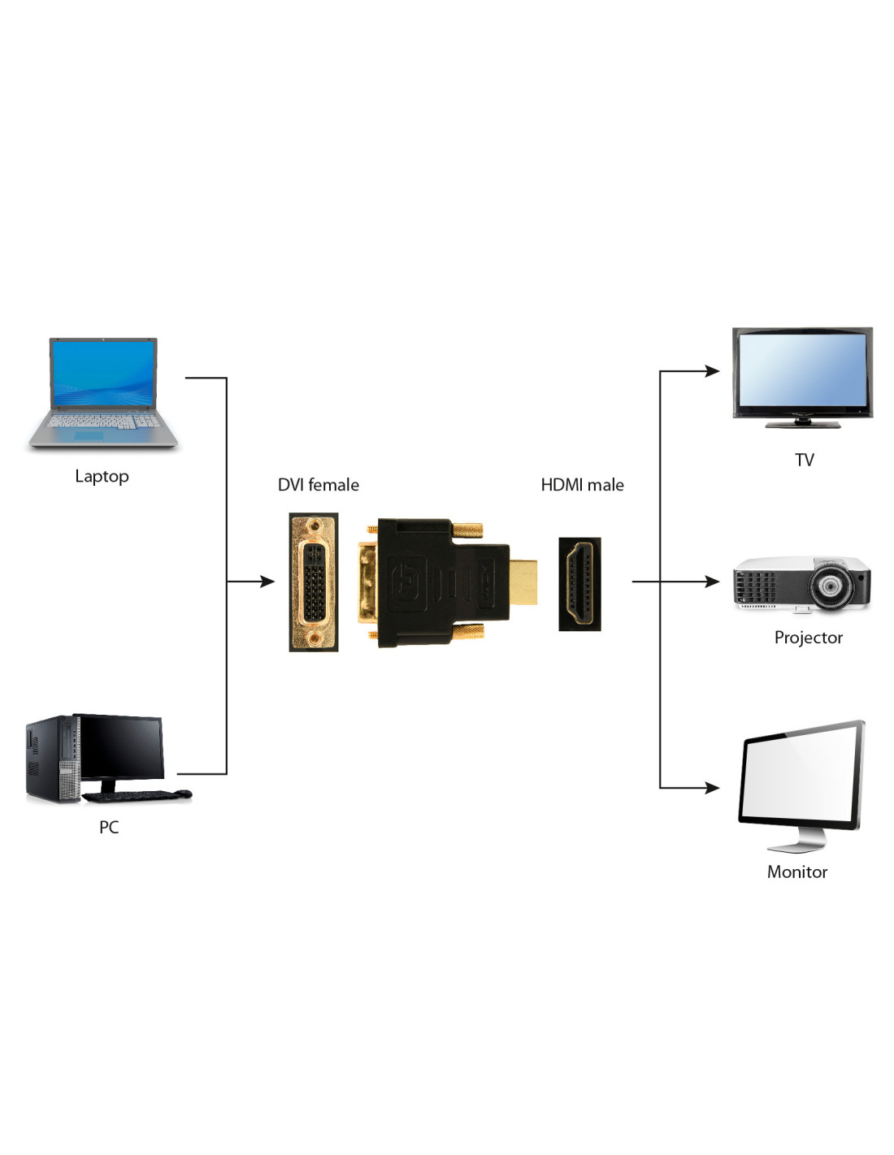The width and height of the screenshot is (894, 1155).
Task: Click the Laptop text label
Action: (102, 476)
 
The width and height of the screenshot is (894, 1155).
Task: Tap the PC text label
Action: (109, 827)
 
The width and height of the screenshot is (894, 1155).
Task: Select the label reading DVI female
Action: (318, 485)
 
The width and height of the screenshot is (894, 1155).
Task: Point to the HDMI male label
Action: (582, 485)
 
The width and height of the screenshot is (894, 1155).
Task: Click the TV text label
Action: (804, 461)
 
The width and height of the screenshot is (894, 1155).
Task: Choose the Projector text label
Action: (808, 638)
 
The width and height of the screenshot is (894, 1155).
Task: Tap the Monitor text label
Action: (796, 872)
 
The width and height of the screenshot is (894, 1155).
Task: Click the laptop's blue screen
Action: (103, 373)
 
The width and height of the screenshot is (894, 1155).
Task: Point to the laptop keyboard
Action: (102, 422)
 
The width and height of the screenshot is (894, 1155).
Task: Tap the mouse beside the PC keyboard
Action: (184, 794)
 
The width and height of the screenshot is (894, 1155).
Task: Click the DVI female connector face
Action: (313, 582)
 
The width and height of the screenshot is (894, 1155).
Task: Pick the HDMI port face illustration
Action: (579, 583)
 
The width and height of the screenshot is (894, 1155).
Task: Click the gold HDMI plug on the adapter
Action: (523, 582)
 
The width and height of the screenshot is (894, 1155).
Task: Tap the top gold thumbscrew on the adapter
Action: (467, 531)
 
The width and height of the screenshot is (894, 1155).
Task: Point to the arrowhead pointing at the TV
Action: (713, 371)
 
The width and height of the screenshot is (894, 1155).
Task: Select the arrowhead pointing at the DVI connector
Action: (267, 582)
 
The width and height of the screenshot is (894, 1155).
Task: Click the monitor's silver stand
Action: (797, 841)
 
